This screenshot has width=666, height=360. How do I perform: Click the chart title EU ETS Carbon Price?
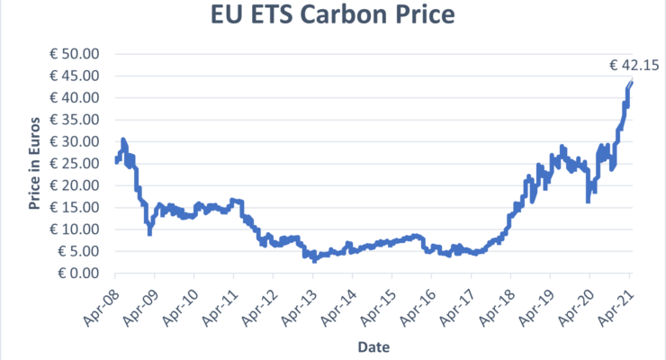pyautogui.click(x=333, y=17)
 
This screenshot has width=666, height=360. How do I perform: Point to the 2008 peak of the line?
pyautogui.click(x=122, y=140)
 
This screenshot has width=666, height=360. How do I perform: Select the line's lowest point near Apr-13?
pyautogui.click(x=315, y=260)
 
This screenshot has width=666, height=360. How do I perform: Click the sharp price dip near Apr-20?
pyautogui.click(x=588, y=200)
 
